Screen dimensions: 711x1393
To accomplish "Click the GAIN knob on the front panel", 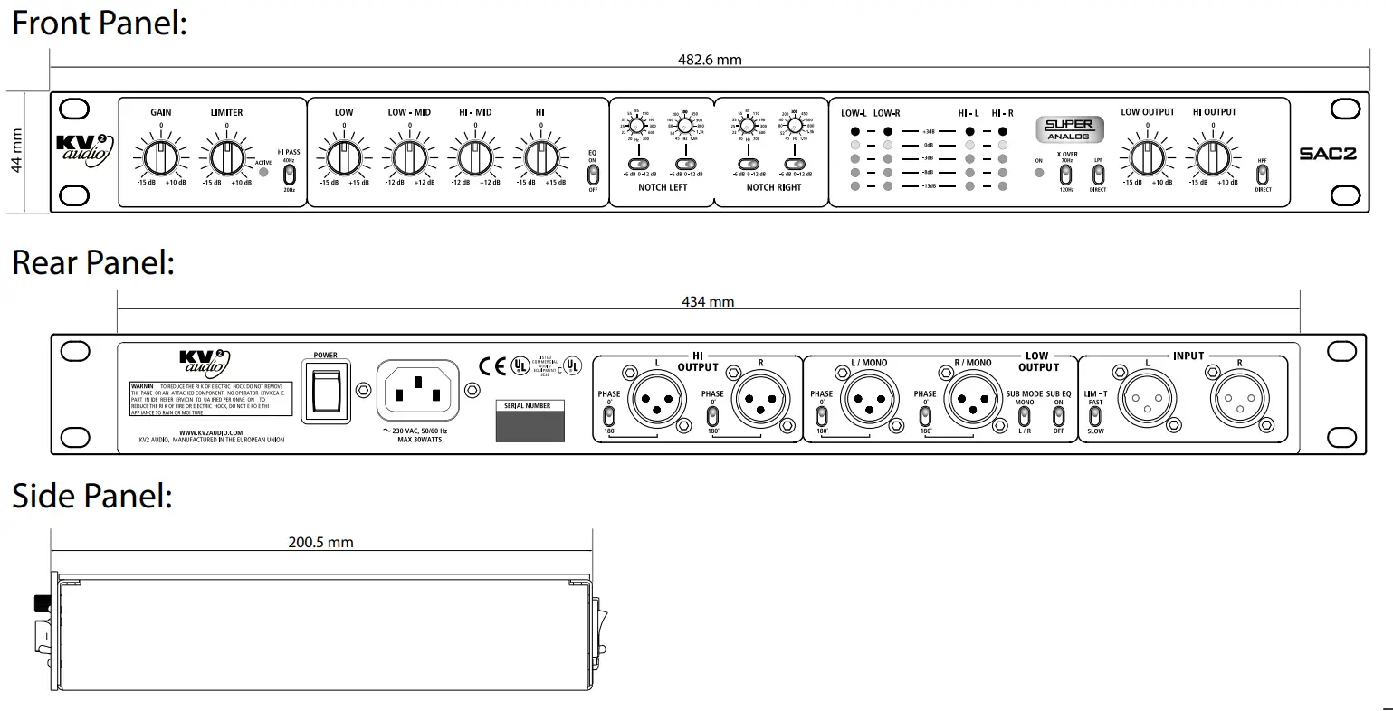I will tap(160, 158).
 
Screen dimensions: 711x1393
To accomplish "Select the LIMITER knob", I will tap(225, 158).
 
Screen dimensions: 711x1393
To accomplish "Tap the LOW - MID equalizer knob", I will tap(409, 158).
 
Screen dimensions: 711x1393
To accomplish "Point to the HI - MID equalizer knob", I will tap(474, 158).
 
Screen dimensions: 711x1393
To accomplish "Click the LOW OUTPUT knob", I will tap(1147, 158).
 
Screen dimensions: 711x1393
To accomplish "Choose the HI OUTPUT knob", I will tap(1213, 158).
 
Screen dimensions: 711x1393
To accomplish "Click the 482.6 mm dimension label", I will tap(710, 60).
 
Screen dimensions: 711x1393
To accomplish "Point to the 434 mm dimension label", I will tap(708, 302).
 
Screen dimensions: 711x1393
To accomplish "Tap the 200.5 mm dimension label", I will tap(321, 543).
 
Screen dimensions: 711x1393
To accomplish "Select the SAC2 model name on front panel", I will tap(1328, 154).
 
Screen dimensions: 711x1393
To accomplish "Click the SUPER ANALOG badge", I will tap(1069, 128).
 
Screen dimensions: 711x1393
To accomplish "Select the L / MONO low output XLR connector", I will tap(869, 399).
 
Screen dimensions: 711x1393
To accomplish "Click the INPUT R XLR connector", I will tap(1239, 399).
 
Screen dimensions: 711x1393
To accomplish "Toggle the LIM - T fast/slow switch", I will tap(1095, 416).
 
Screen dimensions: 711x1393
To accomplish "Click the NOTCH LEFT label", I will tap(663, 187).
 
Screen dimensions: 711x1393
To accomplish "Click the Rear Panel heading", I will tap(92, 262).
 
